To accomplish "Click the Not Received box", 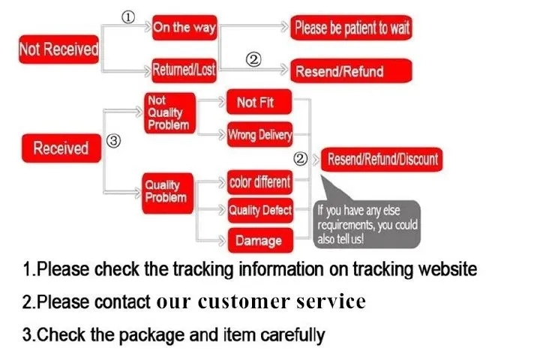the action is point(59,49).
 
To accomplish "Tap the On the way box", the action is point(184,28).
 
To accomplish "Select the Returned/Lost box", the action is point(184,70).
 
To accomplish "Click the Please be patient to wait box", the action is point(351,28).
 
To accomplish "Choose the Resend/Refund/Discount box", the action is point(382,160).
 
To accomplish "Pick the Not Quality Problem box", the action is point(169,113).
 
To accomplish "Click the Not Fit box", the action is point(259,102).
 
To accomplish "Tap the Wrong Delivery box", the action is point(260,134).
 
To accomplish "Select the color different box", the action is point(260,182).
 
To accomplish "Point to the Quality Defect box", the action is point(260,210).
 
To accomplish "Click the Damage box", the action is point(260,241).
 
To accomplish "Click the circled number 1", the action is point(128,17).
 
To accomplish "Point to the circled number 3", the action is point(114,141).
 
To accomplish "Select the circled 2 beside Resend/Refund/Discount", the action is point(300,159).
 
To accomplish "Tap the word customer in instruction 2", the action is point(244,301).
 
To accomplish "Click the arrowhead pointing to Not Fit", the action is point(221,102).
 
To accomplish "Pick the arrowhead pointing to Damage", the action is point(222,240).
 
